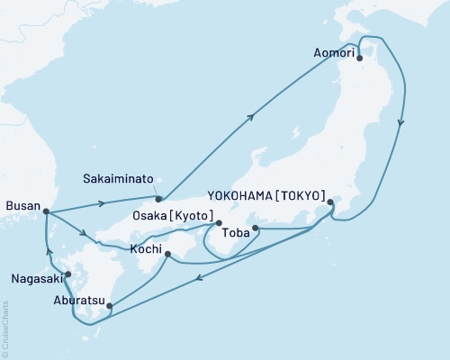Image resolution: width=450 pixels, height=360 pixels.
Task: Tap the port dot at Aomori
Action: [360, 58]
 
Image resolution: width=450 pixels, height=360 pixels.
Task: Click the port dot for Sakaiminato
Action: [158, 199]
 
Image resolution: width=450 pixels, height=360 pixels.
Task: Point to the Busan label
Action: [22, 206]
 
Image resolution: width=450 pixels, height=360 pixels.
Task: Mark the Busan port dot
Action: [46, 212]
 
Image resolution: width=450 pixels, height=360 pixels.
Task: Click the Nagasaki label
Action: [36, 279]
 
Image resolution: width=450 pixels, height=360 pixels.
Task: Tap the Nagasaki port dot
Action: [67, 272]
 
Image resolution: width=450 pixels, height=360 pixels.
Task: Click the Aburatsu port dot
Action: [110, 306]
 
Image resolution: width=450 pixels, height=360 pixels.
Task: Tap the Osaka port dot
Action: [219, 222]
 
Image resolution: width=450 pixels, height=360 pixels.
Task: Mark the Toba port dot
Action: [256, 229]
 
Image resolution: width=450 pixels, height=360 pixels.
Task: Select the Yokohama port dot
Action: [330, 202]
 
